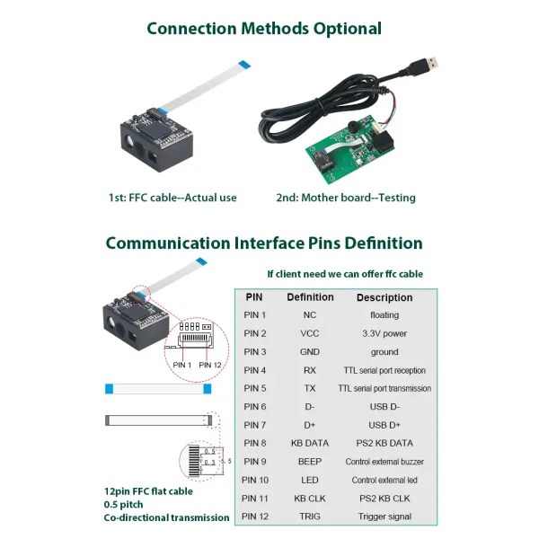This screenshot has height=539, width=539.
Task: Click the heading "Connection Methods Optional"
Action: [263, 28]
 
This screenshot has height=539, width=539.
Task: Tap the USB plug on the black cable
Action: [430, 64]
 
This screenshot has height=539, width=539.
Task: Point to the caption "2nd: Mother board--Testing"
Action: [345, 197]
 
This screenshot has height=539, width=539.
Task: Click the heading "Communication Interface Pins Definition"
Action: [263, 243]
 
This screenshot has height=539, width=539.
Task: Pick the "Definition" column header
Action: [310, 297]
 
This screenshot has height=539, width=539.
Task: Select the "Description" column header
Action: [384, 297]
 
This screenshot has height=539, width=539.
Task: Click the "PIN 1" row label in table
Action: [255, 315]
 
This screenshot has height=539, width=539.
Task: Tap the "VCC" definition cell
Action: [310, 333]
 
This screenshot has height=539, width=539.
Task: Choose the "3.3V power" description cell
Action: [384, 333]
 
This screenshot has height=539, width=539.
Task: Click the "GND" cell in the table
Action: [310, 352]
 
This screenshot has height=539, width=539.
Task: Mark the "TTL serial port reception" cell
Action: [384, 370]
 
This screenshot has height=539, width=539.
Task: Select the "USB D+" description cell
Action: [384, 425]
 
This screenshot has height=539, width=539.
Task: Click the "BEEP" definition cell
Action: [310, 462]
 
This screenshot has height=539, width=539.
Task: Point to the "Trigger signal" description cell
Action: [384, 517]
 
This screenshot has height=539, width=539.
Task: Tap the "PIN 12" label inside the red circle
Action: [209, 365]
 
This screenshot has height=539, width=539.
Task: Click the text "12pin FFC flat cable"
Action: [148, 490]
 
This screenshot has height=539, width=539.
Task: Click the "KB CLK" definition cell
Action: [310, 498]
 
